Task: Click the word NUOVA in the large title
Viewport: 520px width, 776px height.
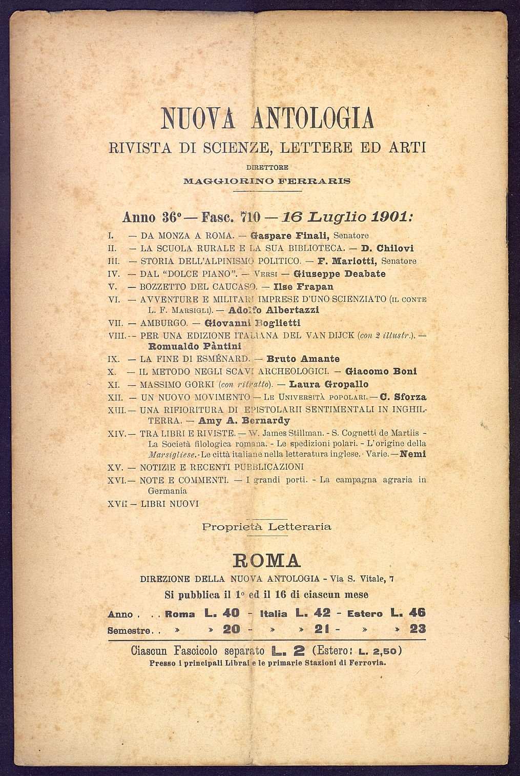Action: tap(202, 118)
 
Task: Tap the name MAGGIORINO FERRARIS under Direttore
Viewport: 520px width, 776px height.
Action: tap(267, 181)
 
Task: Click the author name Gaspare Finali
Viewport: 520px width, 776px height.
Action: tap(290, 236)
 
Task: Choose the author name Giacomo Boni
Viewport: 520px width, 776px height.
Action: tap(381, 371)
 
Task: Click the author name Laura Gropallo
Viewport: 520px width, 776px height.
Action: tap(328, 384)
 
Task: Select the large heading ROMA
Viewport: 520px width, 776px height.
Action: tap(266, 560)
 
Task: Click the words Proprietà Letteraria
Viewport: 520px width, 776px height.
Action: tap(266, 527)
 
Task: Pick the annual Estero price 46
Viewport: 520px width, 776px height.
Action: tap(418, 613)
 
